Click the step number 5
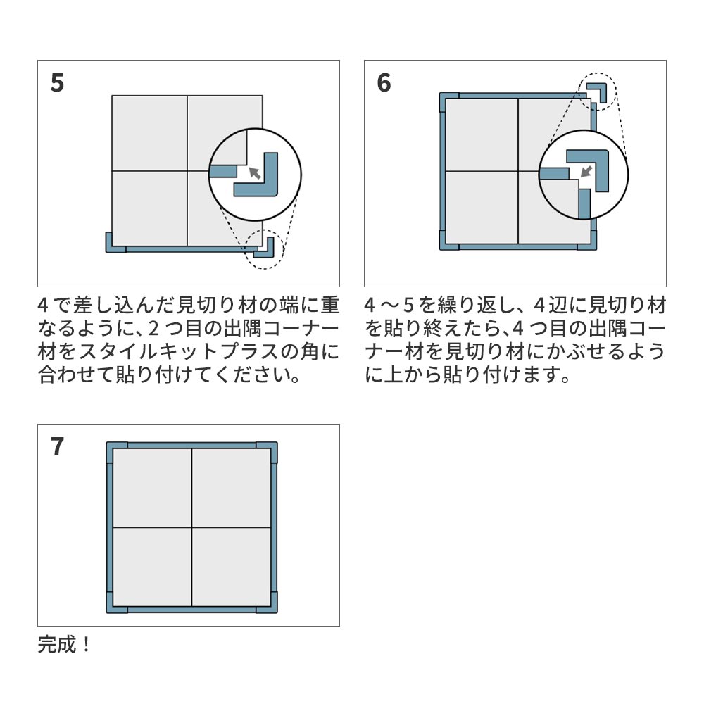coord(58,83)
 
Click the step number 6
coord(384,83)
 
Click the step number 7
coord(58,447)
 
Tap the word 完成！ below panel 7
coord(64,644)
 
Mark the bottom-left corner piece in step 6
coord(446,242)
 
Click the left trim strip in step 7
coord(110,528)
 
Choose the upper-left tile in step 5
coord(149,132)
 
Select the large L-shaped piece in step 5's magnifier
coord(262,180)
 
